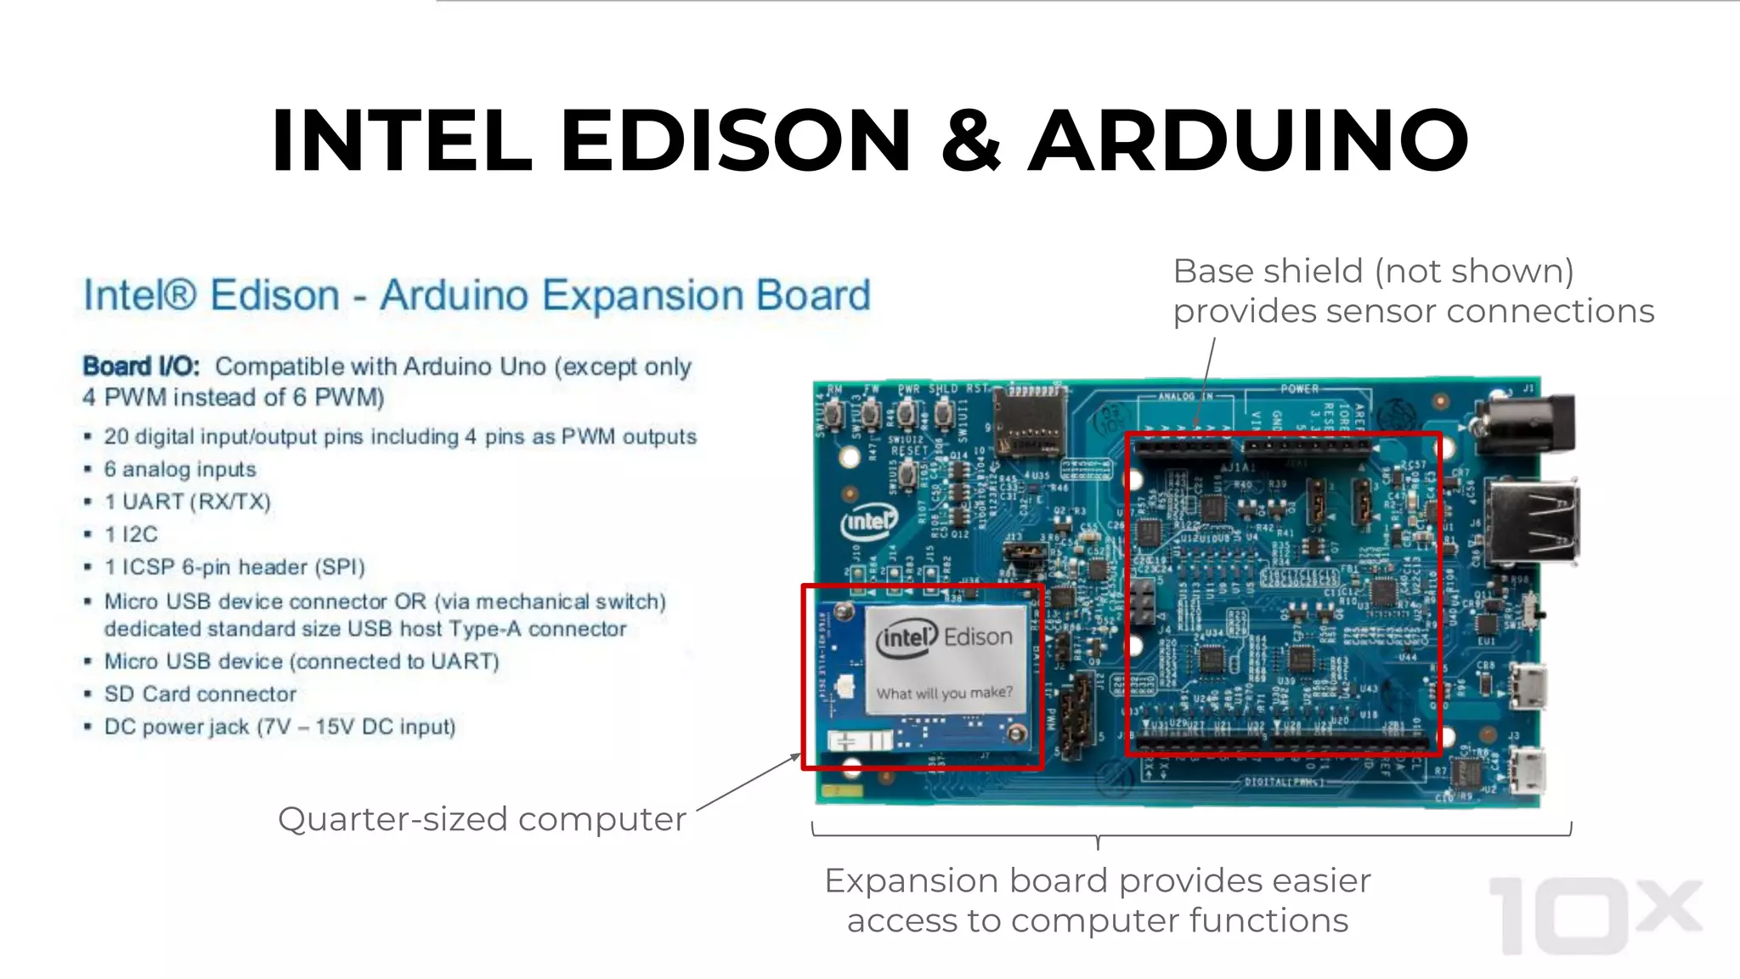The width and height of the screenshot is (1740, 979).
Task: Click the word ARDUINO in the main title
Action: pos(1249,140)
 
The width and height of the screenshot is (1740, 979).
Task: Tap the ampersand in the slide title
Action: pos(970,140)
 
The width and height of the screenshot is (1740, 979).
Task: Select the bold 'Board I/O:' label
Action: pos(141,366)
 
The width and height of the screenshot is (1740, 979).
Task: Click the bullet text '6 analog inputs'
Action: pos(179,469)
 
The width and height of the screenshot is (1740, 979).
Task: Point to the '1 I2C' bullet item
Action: pos(131,535)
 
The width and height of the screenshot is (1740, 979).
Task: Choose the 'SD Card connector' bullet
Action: pos(200,694)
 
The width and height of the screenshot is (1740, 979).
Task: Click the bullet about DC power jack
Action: pos(280,727)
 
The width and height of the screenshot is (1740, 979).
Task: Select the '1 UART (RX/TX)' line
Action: pos(187,502)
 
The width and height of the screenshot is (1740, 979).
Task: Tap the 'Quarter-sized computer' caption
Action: pos(481,819)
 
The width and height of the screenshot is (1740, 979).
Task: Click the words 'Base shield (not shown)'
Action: pos(1373,271)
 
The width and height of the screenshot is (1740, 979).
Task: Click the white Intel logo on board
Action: pos(867,521)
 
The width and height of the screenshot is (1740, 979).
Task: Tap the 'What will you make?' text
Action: pos(944,693)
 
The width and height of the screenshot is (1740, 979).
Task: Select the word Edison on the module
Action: pos(978,637)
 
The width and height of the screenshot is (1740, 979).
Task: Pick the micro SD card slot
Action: pos(1030,422)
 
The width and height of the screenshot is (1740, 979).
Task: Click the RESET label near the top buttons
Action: pos(908,450)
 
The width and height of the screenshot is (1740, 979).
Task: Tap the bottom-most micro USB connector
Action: pos(1527,771)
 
